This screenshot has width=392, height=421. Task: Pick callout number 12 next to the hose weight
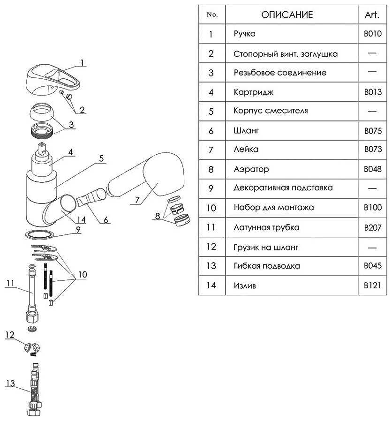[x=10, y=334]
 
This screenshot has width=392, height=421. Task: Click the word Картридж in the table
[x=253, y=92]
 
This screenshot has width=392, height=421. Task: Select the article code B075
[x=373, y=131]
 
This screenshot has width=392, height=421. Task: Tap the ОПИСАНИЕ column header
[x=287, y=15]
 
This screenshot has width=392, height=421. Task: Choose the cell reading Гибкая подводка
[x=267, y=266]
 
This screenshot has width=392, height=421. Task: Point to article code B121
[x=373, y=285]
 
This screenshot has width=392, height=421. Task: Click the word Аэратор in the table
[x=251, y=169]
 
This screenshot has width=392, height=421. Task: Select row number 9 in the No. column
[x=211, y=188]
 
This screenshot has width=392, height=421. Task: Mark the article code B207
[x=373, y=227]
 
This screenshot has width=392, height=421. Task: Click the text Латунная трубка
[x=266, y=227]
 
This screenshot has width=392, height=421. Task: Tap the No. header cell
[x=212, y=15]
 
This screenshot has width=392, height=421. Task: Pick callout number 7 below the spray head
[x=135, y=199]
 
